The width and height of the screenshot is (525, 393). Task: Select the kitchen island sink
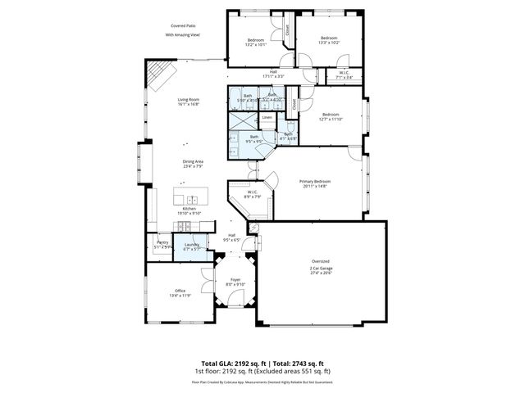click(193, 199)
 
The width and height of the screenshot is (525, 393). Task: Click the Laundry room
click(191, 246)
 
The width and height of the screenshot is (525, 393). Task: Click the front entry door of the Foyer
click(235, 321)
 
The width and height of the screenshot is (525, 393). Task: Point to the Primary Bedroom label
click(313, 183)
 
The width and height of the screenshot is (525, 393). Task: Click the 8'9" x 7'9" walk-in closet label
click(253, 194)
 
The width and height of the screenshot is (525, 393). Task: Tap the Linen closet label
click(267, 118)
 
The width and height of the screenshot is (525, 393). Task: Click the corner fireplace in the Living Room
click(157, 77)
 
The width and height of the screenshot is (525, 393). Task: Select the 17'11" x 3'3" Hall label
click(273, 74)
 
